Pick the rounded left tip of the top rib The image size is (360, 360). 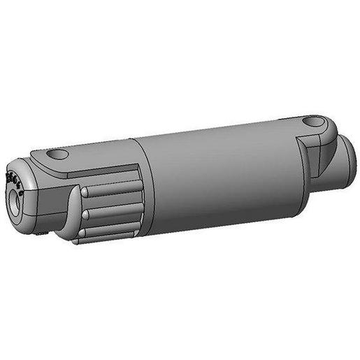click(x=85, y=192)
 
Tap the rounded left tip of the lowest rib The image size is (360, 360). click(x=85, y=233)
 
